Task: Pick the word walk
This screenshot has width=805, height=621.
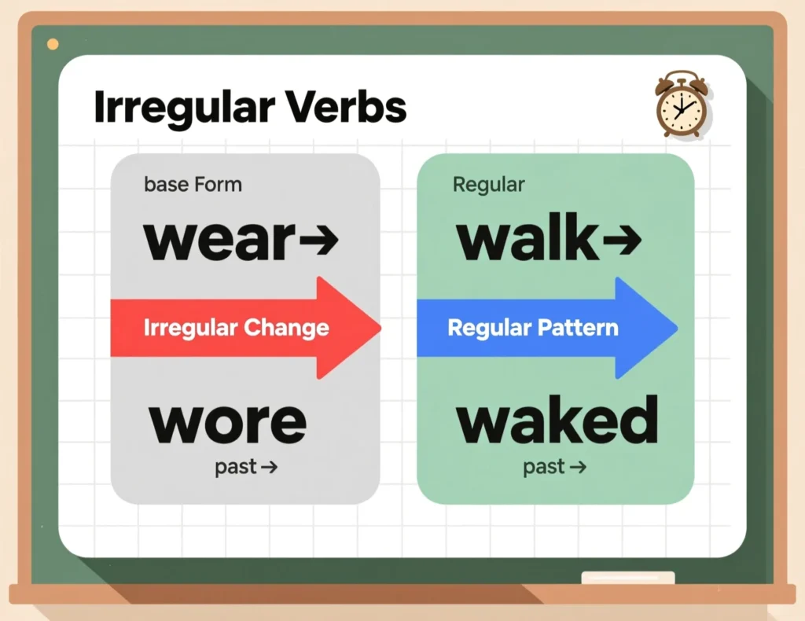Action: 527,239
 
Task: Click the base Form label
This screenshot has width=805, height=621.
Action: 193,186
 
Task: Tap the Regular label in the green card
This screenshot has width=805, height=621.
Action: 488,186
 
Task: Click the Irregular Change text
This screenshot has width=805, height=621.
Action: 237,328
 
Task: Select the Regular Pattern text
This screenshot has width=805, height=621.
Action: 533,328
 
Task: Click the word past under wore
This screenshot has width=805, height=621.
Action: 235,468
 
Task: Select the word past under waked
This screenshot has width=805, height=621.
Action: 544,468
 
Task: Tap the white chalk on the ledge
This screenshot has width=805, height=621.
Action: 627,578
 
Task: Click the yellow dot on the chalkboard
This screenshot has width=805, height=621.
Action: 53,44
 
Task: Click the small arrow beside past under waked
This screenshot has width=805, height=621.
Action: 578,468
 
